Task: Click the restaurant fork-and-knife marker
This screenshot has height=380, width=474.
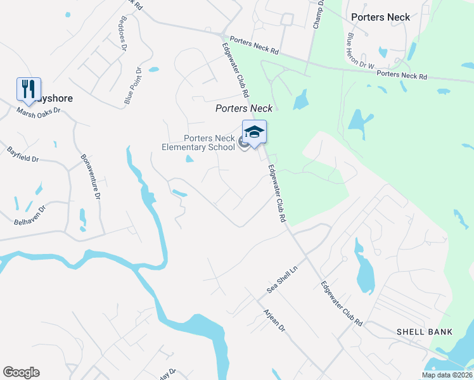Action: tap(29, 89)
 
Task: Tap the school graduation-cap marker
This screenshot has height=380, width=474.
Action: tap(254, 133)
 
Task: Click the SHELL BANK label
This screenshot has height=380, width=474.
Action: tap(425, 332)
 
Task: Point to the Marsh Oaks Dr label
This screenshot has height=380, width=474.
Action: tap(38, 110)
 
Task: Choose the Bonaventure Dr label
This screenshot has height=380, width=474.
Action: tap(91, 178)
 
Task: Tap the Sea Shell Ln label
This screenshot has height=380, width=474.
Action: tap(282, 279)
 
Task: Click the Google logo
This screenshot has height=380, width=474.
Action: tap(21, 372)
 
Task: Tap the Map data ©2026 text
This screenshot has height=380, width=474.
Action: tap(447, 375)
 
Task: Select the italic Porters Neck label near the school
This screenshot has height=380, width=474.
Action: tap(244, 108)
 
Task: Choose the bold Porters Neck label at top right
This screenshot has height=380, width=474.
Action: tap(380, 17)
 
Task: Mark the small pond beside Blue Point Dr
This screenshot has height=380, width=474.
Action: tap(153, 69)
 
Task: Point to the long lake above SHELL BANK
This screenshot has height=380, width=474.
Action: tap(366, 269)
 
